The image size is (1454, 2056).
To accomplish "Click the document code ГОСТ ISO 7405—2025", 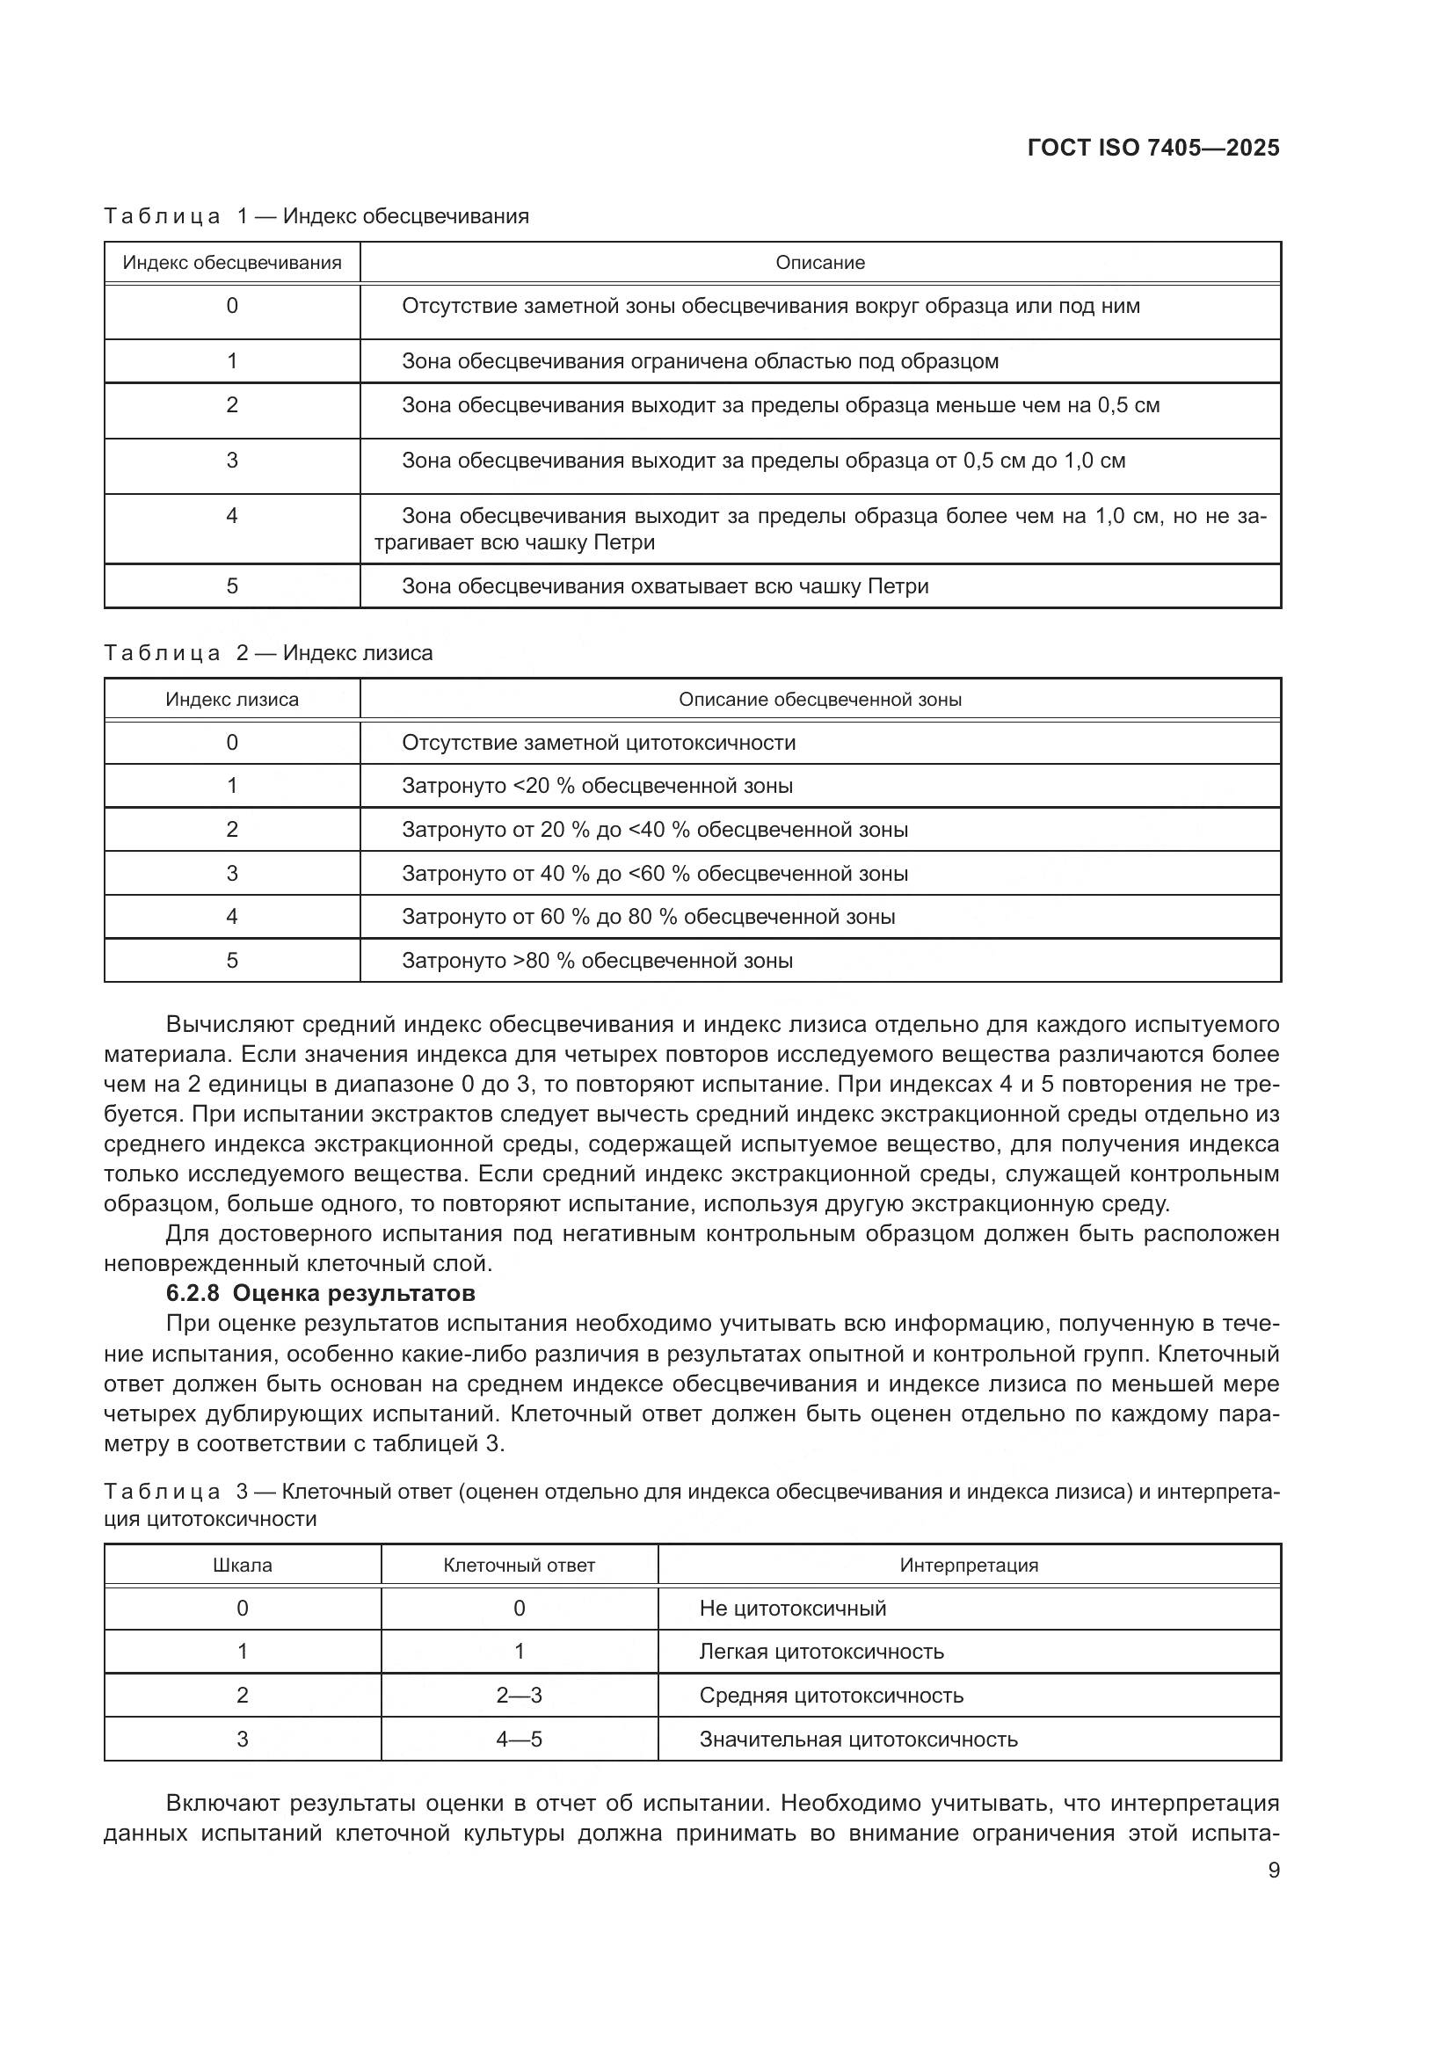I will (x=1153, y=148).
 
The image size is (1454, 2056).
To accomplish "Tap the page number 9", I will (x=1273, y=1871).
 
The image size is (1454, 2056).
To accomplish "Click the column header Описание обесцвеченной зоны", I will (x=819, y=700).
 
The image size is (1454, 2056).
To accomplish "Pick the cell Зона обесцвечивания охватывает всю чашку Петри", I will (x=665, y=586).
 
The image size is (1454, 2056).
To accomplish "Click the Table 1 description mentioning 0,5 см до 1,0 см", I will (x=763, y=461).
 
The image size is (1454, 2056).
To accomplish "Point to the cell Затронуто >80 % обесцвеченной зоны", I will (x=597, y=961).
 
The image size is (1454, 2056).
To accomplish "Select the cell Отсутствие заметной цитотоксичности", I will (x=598, y=743).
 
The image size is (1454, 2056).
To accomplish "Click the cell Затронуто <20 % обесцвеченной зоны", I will (x=597, y=786).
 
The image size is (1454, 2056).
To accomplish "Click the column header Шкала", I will (x=242, y=1566).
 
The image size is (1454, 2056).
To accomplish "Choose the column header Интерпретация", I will (x=969, y=1566).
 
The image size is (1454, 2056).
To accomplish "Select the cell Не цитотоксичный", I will (x=792, y=1609).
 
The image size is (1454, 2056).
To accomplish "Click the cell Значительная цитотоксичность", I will (x=858, y=1739).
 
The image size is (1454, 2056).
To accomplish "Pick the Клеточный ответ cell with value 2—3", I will (x=520, y=1695).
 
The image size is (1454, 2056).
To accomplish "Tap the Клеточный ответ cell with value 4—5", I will (x=520, y=1739).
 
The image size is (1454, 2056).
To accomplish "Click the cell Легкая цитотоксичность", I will (x=821, y=1652).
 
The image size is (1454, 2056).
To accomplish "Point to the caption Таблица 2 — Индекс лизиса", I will (x=268, y=653).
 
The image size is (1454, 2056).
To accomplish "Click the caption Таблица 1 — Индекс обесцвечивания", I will (x=316, y=216).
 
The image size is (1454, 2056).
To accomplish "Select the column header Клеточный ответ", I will (x=520, y=1566).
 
